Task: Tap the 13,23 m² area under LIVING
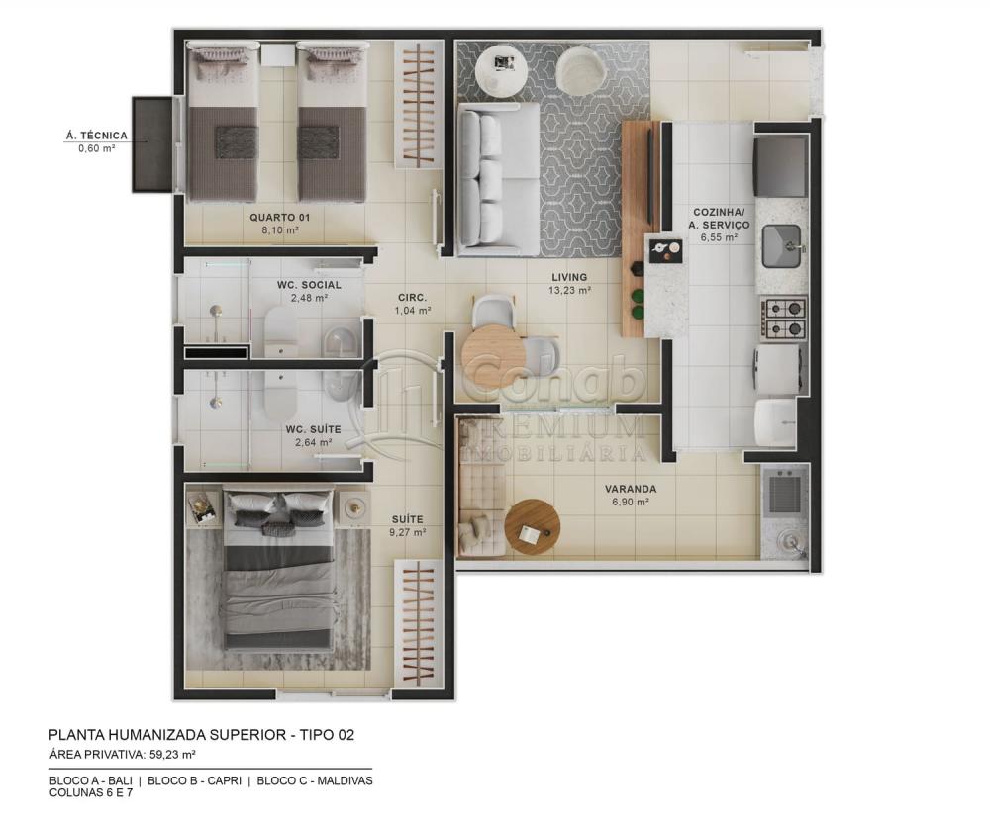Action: click(x=571, y=291)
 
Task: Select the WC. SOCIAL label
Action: click(x=309, y=285)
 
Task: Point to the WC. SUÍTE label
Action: click(x=313, y=429)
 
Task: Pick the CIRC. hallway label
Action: click(x=412, y=297)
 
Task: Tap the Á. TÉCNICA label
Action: click(x=96, y=136)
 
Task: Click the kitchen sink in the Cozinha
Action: click(x=783, y=244)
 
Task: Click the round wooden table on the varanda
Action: click(x=532, y=527)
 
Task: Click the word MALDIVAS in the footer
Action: click(x=339, y=780)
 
